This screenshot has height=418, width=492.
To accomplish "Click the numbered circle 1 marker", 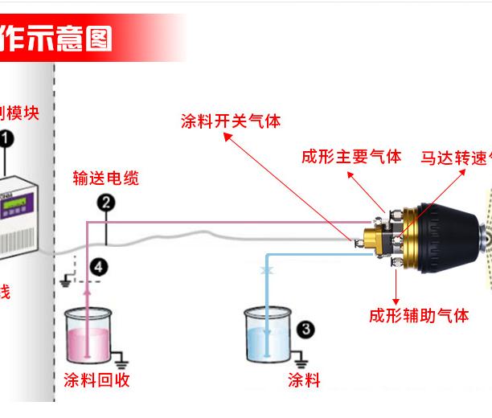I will point(7,139).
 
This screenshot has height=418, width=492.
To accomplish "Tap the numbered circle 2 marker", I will point(106,203).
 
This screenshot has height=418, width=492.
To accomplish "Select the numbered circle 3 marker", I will point(305,329).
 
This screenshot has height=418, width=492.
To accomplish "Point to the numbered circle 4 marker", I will point(98,266).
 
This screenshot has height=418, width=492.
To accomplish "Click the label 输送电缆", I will point(105,178).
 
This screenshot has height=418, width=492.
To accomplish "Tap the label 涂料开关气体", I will point(231,121).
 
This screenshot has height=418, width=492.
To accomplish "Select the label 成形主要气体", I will point(351,156).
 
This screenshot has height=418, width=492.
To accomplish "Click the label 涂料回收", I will point(96,379).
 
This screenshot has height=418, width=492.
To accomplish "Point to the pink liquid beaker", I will point(89,338).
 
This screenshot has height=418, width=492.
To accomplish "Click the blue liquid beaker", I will point(269,338).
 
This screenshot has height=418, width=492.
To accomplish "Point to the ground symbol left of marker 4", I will point(65,281).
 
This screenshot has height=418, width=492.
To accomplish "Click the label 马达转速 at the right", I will point(455,156).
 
